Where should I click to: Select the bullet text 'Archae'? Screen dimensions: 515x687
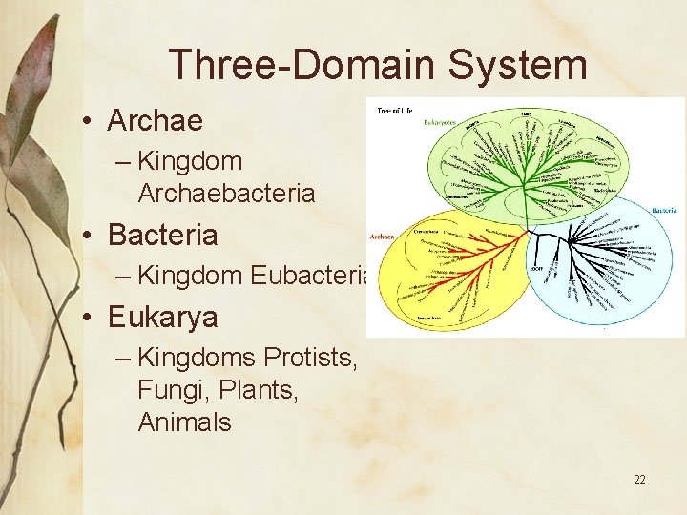click(x=155, y=121)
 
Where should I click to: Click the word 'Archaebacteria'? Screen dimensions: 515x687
click(x=226, y=194)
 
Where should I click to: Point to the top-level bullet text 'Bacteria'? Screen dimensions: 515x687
click(x=162, y=235)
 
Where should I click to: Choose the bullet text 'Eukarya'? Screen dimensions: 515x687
click(x=162, y=317)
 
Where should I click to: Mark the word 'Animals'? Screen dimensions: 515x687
click(x=184, y=422)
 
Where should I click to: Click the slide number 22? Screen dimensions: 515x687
click(x=639, y=479)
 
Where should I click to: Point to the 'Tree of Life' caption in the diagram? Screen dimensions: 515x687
click(x=394, y=112)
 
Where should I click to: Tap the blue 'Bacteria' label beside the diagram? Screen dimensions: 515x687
click(x=664, y=210)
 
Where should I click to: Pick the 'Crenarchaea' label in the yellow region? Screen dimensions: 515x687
click(x=426, y=231)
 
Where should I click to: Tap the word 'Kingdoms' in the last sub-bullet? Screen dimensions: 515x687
click(x=197, y=358)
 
